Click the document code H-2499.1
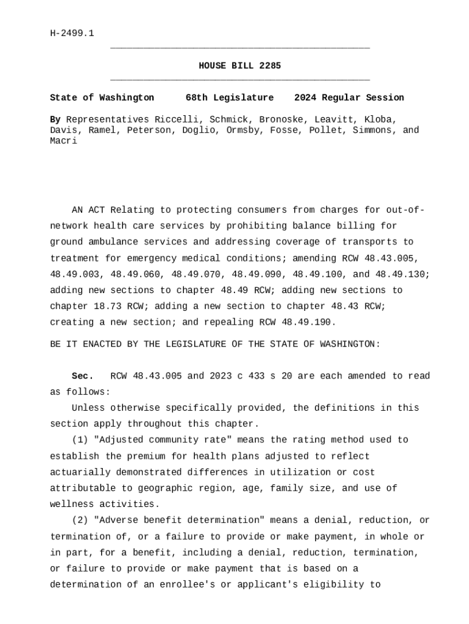click(72, 33)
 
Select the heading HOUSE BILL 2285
click(239, 66)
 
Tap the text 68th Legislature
click(230, 97)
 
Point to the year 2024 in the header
click(305, 97)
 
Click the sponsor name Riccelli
click(176, 119)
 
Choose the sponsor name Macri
click(63, 141)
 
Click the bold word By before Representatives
click(55, 119)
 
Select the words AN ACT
click(88, 210)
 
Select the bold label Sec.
click(82, 376)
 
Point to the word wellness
click(72, 504)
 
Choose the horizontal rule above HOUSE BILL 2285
click(239, 48)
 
